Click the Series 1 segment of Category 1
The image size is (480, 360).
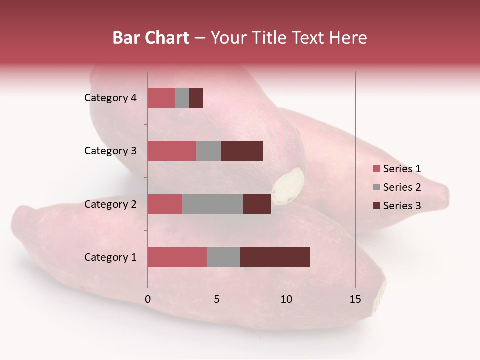pos(177,257)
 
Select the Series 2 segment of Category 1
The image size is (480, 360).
pos(224,257)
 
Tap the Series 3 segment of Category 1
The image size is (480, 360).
pos(275,257)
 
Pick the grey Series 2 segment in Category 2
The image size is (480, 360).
pos(213,204)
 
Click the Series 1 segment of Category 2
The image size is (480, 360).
pos(165,204)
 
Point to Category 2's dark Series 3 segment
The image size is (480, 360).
pos(257,204)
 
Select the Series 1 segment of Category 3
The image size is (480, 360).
pos(172,151)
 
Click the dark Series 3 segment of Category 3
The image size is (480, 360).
pos(242,151)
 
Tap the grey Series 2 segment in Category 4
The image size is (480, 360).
pos(182,98)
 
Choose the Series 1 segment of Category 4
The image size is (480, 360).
pos(161,98)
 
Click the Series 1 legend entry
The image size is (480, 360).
pos(397,169)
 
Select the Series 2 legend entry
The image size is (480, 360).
pos(397,187)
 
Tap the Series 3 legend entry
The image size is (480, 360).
pos(397,206)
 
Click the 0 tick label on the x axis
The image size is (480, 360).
pos(147,300)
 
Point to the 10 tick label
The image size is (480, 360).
pos(286,300)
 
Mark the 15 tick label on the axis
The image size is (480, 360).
pos(355,300)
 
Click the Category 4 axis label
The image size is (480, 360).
pos(110,98)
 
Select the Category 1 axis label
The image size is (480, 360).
pos(110,257)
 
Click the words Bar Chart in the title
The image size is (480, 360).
pos(151,38)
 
